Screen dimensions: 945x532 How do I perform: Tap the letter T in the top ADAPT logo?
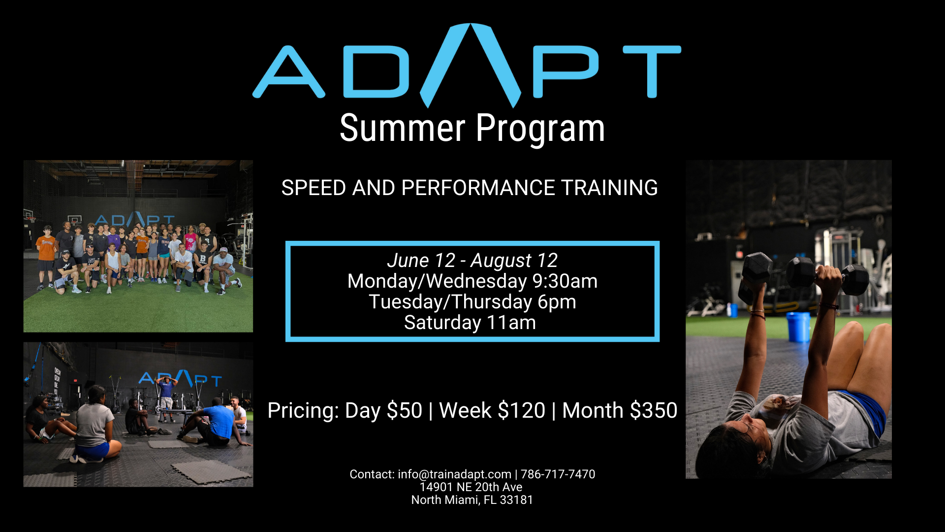coord(652,72)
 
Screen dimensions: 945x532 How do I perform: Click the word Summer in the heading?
coord(403,129)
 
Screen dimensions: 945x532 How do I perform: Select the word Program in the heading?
coord(540,130)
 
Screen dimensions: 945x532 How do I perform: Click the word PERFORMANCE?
coord(478,188)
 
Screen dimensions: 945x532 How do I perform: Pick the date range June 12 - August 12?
coord(472,260)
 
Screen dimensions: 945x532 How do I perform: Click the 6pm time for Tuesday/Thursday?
coord(557,302)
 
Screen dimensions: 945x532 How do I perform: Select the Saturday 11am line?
coord(470,323)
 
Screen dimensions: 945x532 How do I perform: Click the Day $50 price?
coord(383,410)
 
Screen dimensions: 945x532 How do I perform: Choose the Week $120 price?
coord(492,410)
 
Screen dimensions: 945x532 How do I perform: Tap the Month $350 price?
coord(620,410)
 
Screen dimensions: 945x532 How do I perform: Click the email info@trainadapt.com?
coord(454,474)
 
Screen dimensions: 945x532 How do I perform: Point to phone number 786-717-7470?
coord(558,474)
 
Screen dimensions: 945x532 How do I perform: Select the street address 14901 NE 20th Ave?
coord(471,487)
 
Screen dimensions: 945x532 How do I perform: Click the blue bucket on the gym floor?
coord(798,327)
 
